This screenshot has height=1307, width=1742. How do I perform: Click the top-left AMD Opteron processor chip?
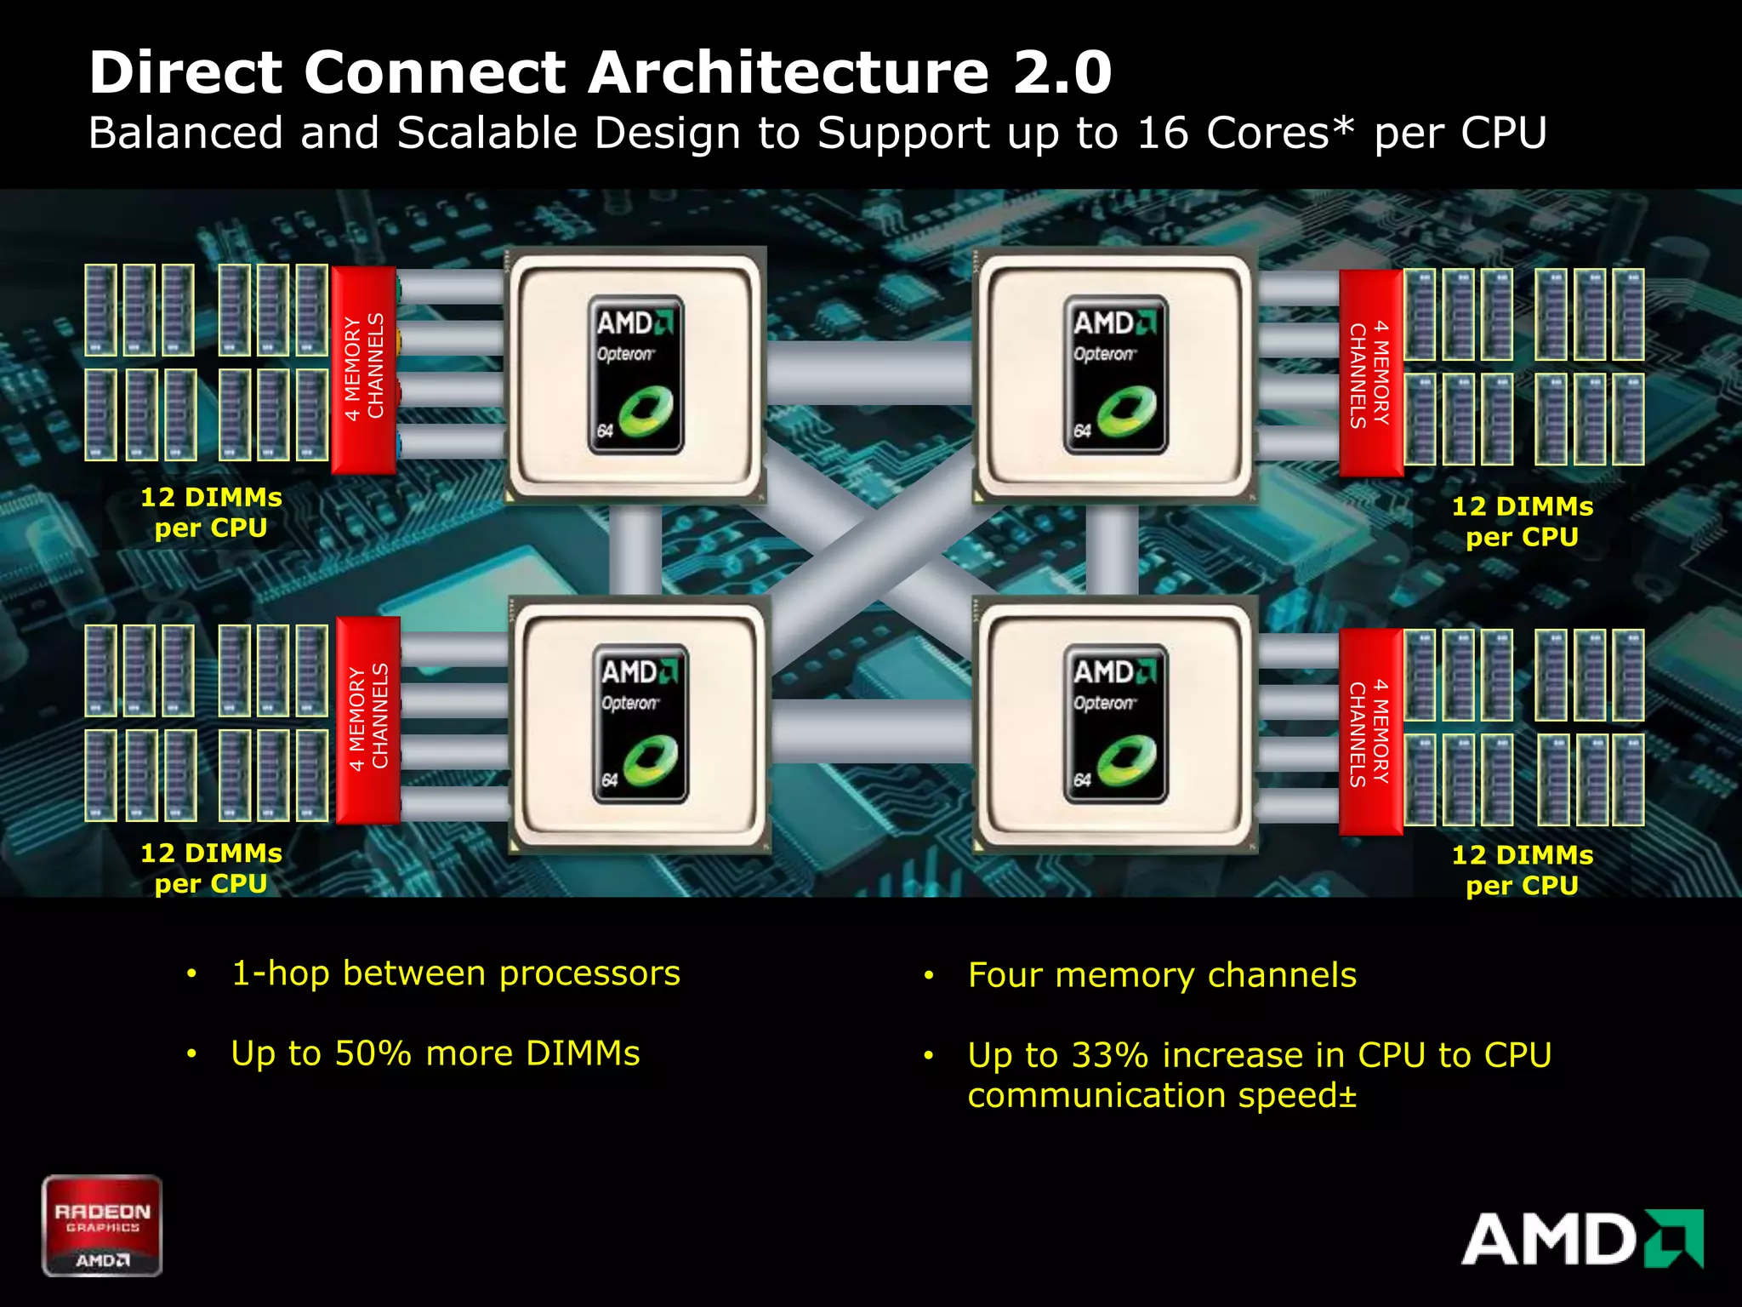pyautogui.click(x=636, y=374)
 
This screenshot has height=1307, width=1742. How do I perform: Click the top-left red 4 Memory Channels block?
pyautogui.click(x=364, y=369)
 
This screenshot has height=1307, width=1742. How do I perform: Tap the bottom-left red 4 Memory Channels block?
pyautogui.click(x=368, y=720)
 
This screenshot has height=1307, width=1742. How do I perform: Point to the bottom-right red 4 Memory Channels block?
pyautogui.click(x=1370, y=732)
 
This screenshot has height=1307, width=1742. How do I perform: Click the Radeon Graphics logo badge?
pyautogui.click(x=102, y=1225)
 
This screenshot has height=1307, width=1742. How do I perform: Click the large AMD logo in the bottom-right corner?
pyautogui.click(x=1582, y=1239)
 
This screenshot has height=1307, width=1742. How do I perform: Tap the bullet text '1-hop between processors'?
pyautogui.click(x=456, y=973)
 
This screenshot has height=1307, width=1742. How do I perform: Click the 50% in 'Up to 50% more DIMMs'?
pyautogui.click(x=373, y=1053)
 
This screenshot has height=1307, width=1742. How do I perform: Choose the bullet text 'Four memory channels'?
pyautogui.click(x=1162, y=975)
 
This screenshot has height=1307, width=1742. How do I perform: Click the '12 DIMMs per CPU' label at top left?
pyautogui.click(x=211, y=512)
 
